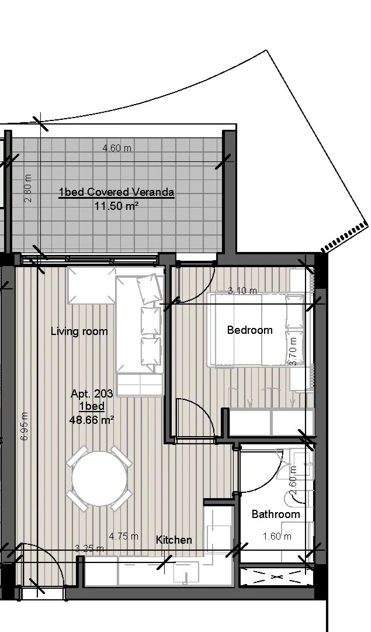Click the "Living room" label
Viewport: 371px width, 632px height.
coord(79,331)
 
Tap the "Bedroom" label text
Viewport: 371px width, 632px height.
coord(249,330)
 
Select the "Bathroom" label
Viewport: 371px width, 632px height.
coord(276,514)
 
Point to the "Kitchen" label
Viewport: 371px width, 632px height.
coord(174,540)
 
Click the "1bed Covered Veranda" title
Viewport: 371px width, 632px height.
coord(117,192)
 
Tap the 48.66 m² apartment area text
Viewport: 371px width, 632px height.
coord(92,420)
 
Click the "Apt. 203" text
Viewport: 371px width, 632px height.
coord(92,393)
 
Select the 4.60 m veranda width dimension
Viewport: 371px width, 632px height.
coord(117,148)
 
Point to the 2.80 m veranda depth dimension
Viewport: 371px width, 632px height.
coord(28,189)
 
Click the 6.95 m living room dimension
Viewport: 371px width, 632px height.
coord(24,426)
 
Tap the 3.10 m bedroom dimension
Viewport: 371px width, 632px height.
coord(242,290)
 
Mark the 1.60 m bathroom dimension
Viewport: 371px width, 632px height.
coord(277,536)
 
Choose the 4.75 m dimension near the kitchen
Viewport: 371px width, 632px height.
coord(124,536)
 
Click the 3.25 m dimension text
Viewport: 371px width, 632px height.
coord(89,548)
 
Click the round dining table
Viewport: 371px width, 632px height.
coord(99,478)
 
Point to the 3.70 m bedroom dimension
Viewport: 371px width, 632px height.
coord(293,351)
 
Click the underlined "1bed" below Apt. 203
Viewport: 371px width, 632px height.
coord(92,406)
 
